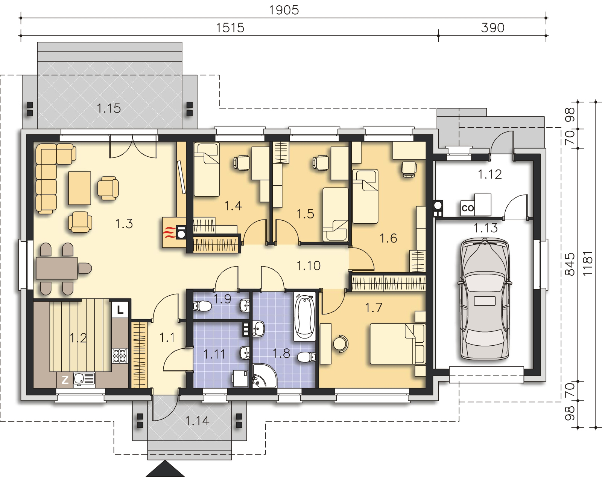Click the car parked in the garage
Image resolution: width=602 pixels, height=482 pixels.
point(485,299)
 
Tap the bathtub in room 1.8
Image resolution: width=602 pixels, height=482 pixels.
point(305,316)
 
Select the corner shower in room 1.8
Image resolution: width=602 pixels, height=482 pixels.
point(264,376)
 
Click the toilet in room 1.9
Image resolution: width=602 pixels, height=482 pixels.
point(202,306)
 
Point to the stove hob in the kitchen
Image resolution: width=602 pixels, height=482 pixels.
point(120,356)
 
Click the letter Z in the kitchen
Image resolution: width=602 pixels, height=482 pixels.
point(65,380)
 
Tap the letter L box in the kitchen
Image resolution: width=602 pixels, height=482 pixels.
point(120,310)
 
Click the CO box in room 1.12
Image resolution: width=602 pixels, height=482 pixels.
point(467,208)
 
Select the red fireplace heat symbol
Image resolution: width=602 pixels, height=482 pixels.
point(170,232)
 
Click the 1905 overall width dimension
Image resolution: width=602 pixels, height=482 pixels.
point(284,11)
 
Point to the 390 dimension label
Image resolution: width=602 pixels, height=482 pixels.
point(493,28)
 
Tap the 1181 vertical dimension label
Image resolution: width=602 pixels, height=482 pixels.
point(588,263)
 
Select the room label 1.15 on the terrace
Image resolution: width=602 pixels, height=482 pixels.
point(109,108)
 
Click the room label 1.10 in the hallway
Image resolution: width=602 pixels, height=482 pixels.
point(309,266)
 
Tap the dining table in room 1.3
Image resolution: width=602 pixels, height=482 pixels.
point(57,268)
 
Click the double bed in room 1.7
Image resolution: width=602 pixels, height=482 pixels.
point(398,344)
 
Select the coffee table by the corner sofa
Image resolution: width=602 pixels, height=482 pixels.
point(80,188)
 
